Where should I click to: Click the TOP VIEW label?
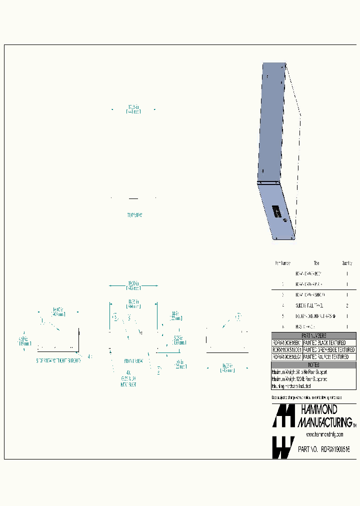[134, 215]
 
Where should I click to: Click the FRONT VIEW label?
[133, 360]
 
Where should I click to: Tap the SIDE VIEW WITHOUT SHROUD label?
[58, 360]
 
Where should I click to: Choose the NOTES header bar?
[313, 365]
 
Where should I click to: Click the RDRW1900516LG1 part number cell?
[286, 357]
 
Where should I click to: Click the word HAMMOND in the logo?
[319, 411]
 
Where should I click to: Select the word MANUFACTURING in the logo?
[324, 422]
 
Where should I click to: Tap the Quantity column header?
[347, 263]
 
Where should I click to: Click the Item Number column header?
[282, 263]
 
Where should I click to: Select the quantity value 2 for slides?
[347, 305]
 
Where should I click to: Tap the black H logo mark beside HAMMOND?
[282, 416]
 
